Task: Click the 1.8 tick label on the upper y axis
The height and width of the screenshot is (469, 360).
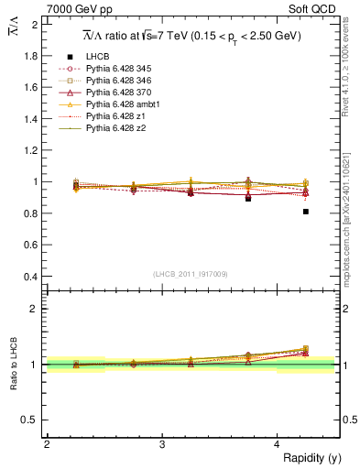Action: pos(31,56)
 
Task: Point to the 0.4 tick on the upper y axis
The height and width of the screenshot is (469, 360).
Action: pos(31,277)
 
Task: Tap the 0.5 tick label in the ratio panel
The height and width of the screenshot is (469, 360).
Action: pos(31,420)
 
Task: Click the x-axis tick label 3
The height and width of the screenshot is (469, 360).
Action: pos(161,444)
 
